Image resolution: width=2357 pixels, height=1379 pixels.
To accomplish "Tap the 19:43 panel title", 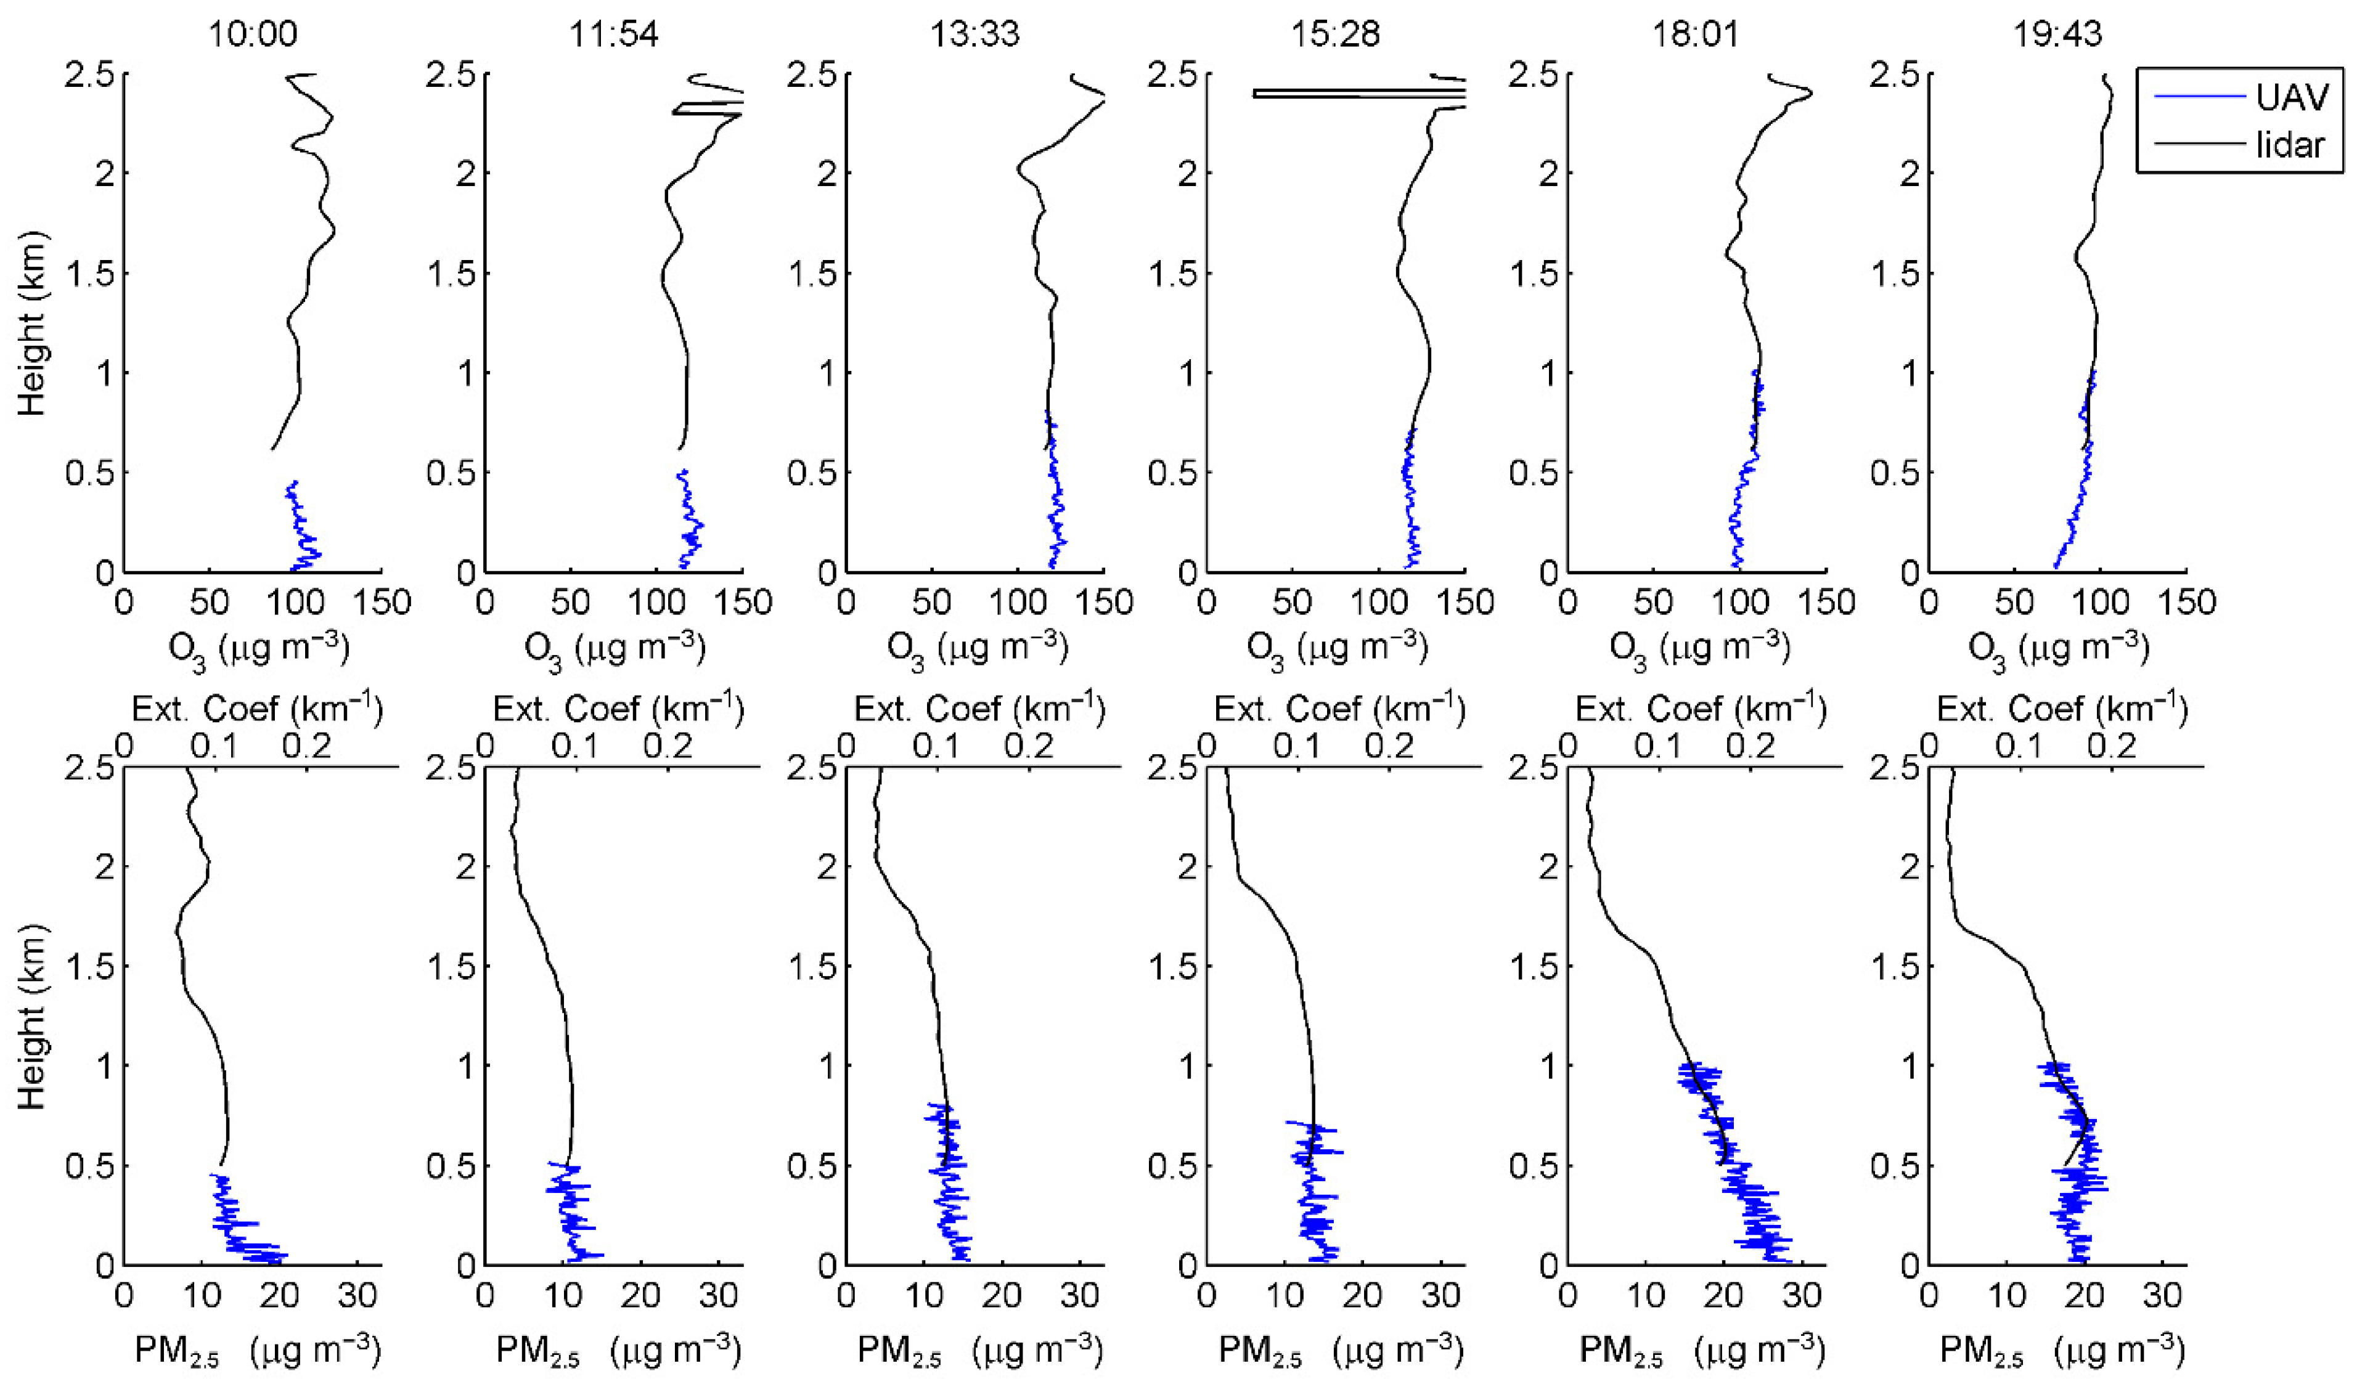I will tap(2057, 35).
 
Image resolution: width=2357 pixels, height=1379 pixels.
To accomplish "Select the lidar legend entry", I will tap(2290, 145).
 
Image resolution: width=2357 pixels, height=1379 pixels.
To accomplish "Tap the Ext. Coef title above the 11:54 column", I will tap(618, 710).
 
